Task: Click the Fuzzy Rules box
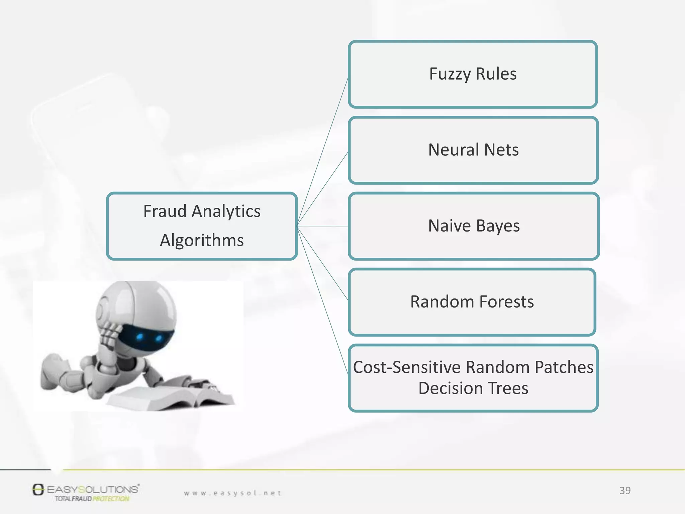(473, 74)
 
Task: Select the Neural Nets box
(473, 150)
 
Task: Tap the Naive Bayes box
(474, 226)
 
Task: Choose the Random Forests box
(472, 302)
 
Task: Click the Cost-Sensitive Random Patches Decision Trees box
(473, 378)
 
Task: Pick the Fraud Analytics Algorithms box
(202, 226)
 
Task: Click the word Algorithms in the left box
(202, 241)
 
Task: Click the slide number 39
(625, 491)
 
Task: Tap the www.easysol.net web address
(233, 493)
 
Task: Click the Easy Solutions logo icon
(38, 490)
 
